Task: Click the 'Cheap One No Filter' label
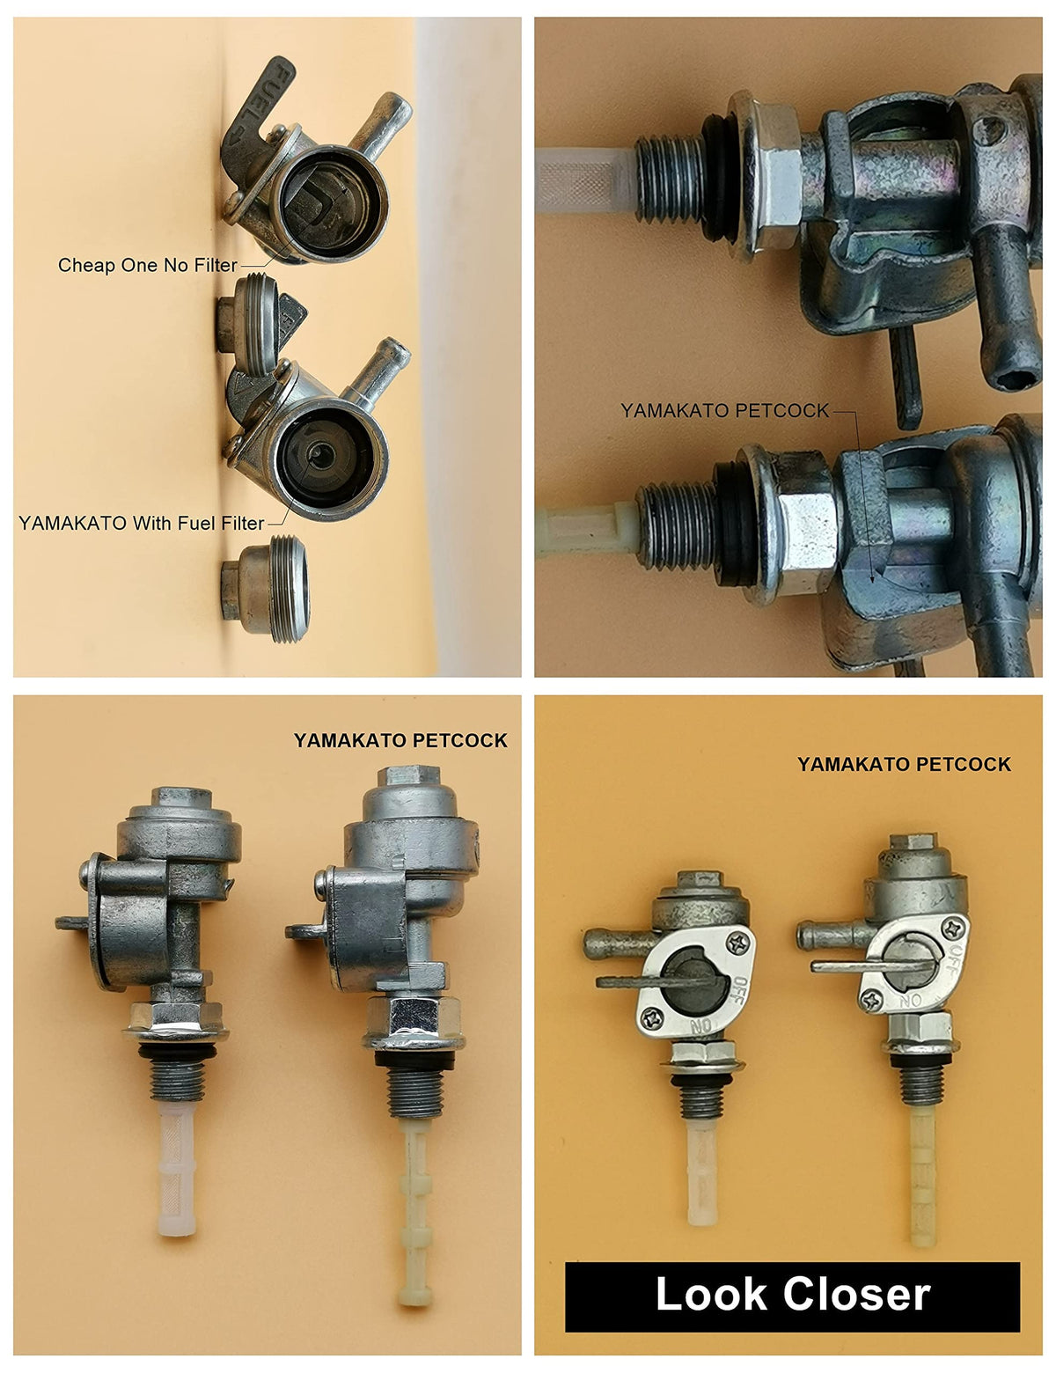point(147,265)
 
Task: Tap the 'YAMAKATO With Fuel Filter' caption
point(141,523)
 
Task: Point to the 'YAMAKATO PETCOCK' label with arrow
point(724,411)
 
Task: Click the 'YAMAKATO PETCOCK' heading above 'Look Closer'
point(904,764)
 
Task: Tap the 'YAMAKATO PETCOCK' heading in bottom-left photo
point(400,740)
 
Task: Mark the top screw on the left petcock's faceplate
point(737,944)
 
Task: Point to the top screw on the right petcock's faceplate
point(953,928)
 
